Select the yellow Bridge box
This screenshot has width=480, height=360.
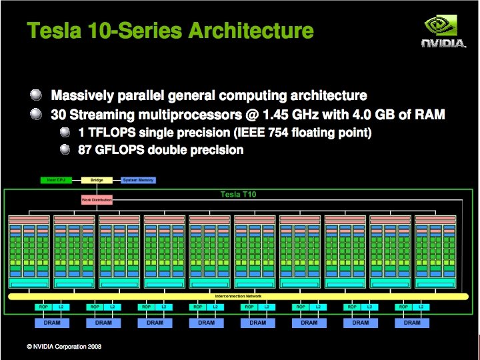coord(97,180)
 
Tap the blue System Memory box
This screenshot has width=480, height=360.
coord(138,180)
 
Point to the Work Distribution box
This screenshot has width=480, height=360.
coord(97,200)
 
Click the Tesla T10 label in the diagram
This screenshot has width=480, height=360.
coord(238,194)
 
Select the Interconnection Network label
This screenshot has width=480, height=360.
coord(238,295)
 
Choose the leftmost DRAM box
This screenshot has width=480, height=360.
coord(51,323)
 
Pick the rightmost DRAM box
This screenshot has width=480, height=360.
coord(412,323)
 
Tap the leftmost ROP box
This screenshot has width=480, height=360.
coord(43,307)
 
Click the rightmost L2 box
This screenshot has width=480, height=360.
coord(421,307)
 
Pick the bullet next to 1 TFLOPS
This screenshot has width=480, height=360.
coord(65,132)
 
